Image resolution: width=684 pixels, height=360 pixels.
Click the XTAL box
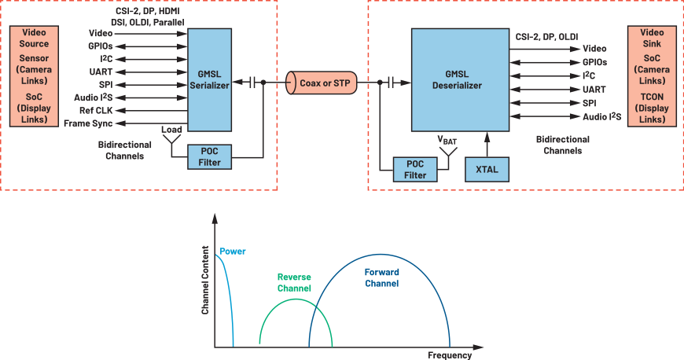pos(487,169)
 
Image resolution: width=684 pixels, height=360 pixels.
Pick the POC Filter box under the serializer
pos(209,156)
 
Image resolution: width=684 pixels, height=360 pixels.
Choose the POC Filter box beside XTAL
pos(415,169)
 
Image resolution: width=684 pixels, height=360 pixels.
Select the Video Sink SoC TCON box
pos(652,75)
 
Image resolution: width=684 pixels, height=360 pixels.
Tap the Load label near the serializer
pos(172,128)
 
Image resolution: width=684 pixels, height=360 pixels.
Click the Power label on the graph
pos(233,252)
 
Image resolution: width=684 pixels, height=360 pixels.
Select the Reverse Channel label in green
pos(294,282)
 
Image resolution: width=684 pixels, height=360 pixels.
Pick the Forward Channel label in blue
pos(381,277)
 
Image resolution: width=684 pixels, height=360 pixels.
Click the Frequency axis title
pos(450,354)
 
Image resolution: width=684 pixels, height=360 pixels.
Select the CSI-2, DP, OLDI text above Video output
pos(546,36)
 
